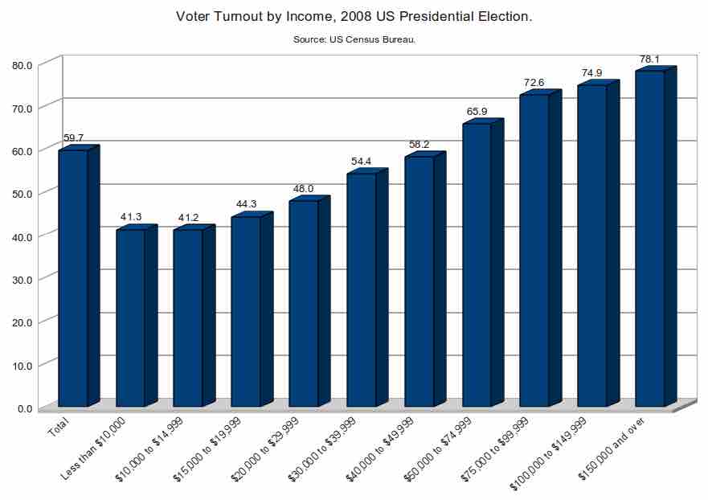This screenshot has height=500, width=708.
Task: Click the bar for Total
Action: [73, 278]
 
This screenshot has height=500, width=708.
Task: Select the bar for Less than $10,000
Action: [131, 318]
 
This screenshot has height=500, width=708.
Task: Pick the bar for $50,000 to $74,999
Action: [477, 264]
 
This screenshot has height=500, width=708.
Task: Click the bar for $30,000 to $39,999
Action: [361, 289]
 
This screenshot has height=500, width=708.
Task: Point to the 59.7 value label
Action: [74, 138]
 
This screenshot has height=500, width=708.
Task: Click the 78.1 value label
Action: [649, 59]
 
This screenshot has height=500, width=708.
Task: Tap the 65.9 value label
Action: [477, 112]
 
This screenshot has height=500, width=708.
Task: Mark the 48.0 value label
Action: [303, 189]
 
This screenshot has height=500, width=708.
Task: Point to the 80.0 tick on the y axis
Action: [22, 65]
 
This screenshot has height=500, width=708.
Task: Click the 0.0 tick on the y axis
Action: [25, 408]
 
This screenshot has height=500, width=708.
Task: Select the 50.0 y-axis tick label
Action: [22, 194]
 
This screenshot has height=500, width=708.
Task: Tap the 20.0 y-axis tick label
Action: [22, 322]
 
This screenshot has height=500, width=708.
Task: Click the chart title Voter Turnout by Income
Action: [354, 16]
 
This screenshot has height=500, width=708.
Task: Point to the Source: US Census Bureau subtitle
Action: [354, 39]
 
